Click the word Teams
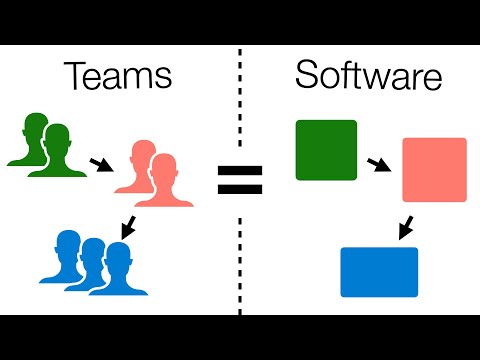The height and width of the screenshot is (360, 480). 117,77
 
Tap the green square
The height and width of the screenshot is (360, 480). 326,150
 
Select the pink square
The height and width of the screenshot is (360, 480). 434,170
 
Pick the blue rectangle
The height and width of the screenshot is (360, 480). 379,271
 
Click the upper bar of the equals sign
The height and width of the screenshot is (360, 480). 240,171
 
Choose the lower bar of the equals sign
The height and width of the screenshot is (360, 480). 240,190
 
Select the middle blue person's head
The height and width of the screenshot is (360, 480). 93,250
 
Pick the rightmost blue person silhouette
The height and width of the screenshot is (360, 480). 122,265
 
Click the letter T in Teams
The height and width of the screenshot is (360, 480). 77,77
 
